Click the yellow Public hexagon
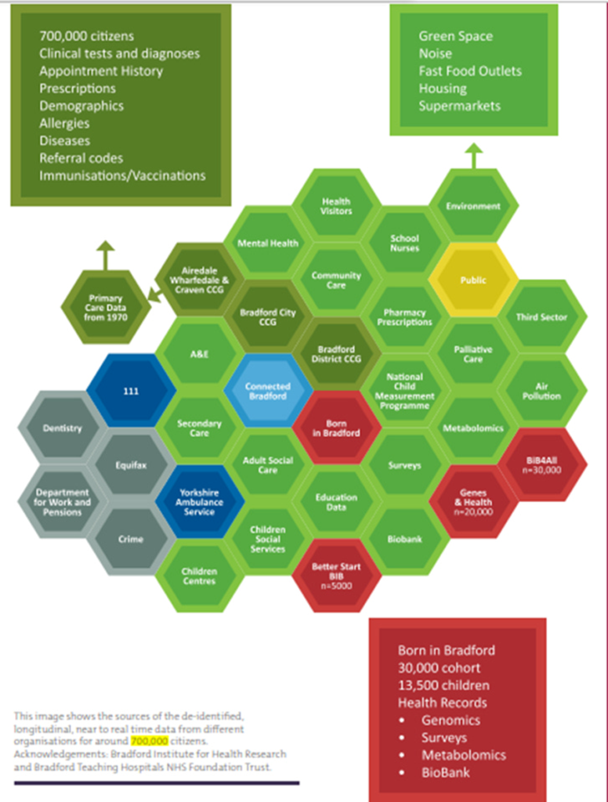pos(472,280)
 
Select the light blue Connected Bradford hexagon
pos(268,391)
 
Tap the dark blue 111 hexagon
pos(132,390)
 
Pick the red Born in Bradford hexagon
pos(337,428)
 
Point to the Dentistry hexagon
pos(63,428)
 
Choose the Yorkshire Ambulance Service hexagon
pos(200,501)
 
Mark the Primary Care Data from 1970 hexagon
pos(106,307)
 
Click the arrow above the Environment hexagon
pos(473,154)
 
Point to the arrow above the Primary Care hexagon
pos(106,255)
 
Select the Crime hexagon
pos(131,540)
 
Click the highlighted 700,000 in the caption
pos(150,741)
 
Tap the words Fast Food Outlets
pos(469,71)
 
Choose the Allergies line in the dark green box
pos(64,123)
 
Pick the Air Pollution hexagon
pos(541,391)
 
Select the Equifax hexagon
pos(131,464)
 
